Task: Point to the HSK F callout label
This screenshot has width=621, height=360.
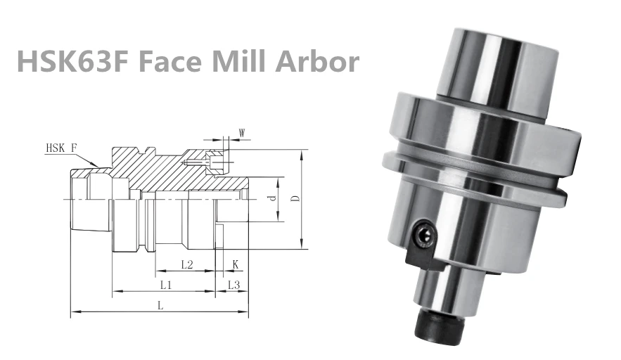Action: [x=61, y=148]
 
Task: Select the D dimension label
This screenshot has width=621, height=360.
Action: [x=296, y=199]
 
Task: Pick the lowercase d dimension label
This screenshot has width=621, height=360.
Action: [x=271, y=200]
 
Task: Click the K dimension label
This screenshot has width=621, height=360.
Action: [x=236, y=264]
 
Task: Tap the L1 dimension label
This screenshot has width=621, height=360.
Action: [x=166, y=285]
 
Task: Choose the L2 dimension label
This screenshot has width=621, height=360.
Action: [x=186, y=264]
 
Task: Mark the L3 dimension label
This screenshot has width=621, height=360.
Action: [x=234, y=285]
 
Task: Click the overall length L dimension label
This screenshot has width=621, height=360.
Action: [x=160, y=306]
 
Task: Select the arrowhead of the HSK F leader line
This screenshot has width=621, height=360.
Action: [x=98, y=166]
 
